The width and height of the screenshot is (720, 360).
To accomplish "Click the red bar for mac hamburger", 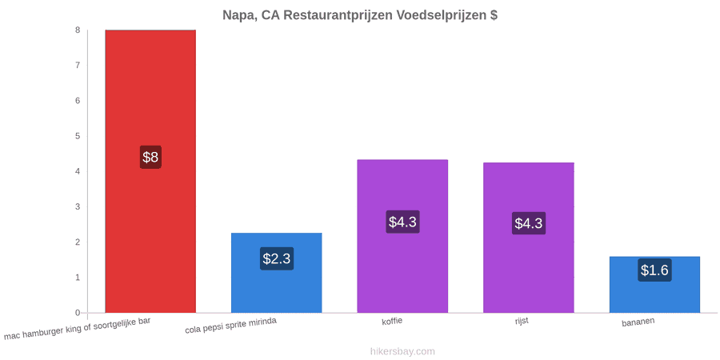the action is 150,171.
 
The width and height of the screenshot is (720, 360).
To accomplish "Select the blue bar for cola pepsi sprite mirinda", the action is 277,273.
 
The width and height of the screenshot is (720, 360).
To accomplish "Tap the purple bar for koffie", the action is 402,236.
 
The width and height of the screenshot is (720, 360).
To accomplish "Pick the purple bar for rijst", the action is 529,238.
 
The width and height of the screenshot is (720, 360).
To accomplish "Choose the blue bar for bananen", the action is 654,285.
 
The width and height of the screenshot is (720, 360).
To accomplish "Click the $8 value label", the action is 150,157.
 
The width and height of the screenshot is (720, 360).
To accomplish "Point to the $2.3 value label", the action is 277,258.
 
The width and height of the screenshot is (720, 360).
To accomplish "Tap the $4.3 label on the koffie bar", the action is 402,222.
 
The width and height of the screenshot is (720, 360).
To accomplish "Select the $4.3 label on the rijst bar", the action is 529,223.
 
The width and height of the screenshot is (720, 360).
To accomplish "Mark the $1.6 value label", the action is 654,270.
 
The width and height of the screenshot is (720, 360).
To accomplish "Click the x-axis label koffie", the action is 392,321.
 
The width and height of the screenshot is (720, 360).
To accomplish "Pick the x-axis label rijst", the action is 522,321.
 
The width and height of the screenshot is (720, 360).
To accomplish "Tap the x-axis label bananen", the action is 638,322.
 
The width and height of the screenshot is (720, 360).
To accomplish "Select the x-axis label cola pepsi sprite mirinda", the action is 230,326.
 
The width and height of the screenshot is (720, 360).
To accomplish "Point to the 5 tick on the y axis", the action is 78,136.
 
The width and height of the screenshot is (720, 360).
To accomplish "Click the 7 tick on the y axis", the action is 78,66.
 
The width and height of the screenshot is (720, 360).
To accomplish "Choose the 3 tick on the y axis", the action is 78,206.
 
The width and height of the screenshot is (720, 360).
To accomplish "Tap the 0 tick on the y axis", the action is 78,313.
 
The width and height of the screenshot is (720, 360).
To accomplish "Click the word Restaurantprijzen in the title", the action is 338,15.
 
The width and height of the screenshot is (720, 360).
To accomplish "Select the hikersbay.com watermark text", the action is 402,351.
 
